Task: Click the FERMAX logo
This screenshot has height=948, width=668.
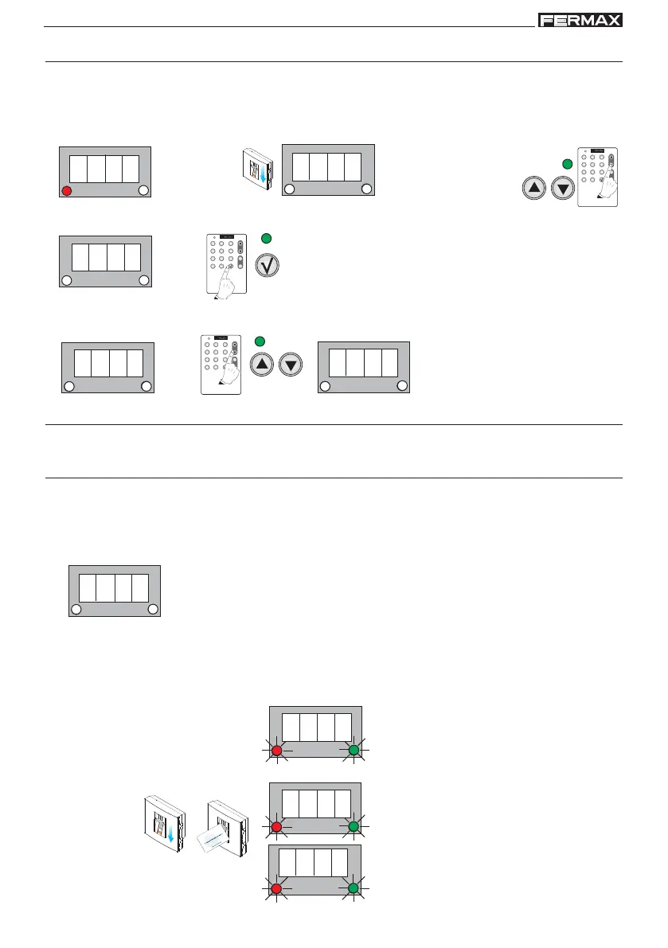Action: (x=580, y=20)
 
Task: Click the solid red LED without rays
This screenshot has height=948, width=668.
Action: (x=67, y=190)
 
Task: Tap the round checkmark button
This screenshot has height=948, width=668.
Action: (x=267, y=265)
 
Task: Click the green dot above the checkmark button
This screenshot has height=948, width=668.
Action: (x=266, y=237)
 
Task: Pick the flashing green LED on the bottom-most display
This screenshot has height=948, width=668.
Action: (x=354, y=888)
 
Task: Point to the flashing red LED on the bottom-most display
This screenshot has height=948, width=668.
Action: (x=276, y=888)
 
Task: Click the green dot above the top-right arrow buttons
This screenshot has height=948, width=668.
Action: (x=567, y=164)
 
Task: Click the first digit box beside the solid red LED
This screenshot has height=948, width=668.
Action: (x=78, y=169)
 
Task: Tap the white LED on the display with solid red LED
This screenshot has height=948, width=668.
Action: (x=143, y=190)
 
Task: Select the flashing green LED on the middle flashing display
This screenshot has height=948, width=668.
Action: (x=354, y=827)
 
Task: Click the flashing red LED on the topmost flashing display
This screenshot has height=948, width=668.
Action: (x=276, y=751)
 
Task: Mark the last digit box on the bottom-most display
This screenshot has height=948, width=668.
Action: (x=339, y=863)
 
